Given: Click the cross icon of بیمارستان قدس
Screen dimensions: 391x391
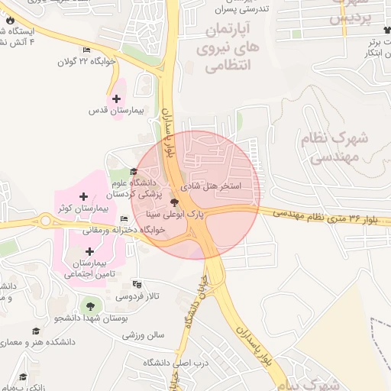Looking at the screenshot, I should [x=116, y=99].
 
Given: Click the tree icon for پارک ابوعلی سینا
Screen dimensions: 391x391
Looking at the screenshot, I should [x=176, y=203].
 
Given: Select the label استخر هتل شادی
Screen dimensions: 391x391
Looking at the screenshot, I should [x=211, y=186].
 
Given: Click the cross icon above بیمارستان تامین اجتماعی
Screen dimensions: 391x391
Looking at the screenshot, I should [x=90, y=250].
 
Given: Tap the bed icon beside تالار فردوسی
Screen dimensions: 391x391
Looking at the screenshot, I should [x=125, y=283].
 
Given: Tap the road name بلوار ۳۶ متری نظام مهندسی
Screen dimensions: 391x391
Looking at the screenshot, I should [x=330, y=218].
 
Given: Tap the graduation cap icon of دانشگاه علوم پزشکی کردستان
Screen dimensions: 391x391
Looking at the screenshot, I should [x=134, y=172].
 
